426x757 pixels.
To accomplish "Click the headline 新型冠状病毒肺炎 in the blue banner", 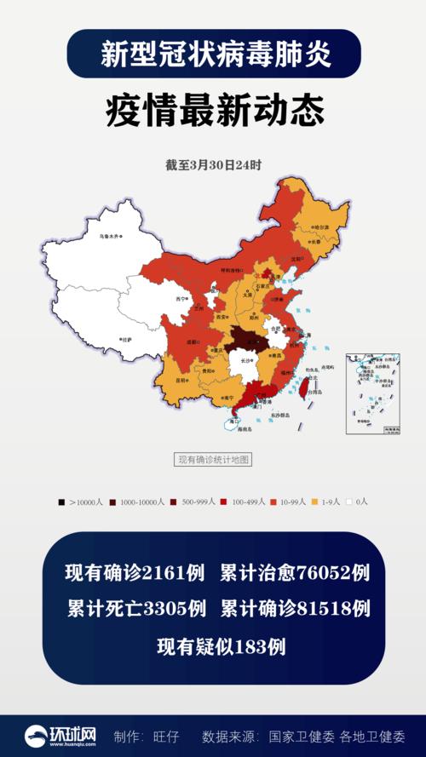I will pyautogui.click(x=213, y=54).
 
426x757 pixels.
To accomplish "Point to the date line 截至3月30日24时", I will pyautogui.click(x=213, y=165).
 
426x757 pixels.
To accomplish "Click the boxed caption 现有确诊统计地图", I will pyautogui.click(x=213, y=460).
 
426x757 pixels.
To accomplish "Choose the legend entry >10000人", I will pyautogui.click(x=81, y=502).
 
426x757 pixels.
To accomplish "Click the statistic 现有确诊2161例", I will pyautogui.click(x=135, y=573).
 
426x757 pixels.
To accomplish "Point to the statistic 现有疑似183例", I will pyautogui.click(x=221, y=646).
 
